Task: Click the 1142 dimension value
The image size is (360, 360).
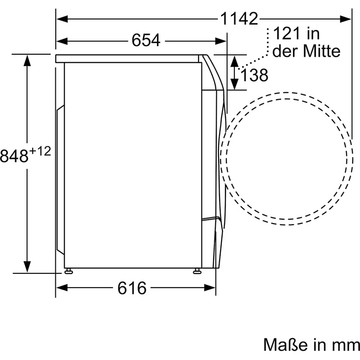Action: (x=239, y=19)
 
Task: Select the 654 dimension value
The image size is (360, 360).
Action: (x=146, y=41)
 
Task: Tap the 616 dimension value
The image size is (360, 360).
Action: (x=132, y=288)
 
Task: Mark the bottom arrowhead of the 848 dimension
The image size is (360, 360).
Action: (x=27, y=266)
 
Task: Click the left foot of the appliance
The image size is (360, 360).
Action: (x=69, y=270)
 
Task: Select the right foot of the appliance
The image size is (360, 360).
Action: (x=197, y=270)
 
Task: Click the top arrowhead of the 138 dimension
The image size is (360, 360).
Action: (x=234, y=61)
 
